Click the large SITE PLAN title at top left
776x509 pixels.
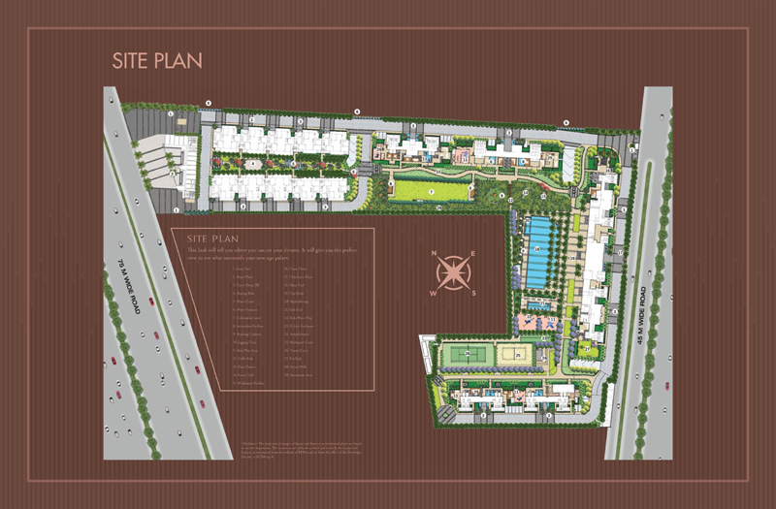(155, 59)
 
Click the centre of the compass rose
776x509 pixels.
(453, 273)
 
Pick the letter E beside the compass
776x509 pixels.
(472, 255)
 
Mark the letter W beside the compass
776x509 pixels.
(434, 293)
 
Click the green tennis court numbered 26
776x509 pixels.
(464, 354)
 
